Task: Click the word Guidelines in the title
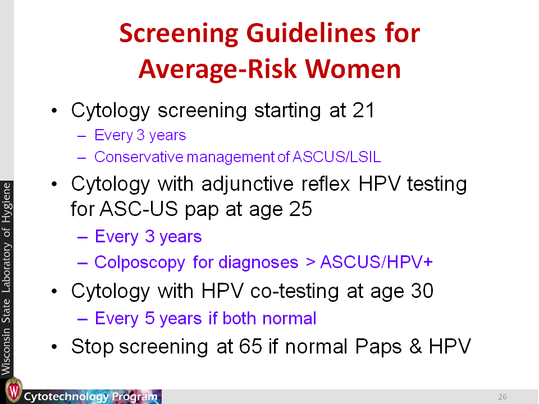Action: click(310, 34)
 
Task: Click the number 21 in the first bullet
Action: click(363, 111)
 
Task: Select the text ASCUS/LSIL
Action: click(336, 157)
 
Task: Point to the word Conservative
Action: click(139, 157)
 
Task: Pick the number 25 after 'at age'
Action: click(300, 209)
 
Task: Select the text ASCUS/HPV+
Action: click(376, 262)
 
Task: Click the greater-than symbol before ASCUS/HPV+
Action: click(310, 263)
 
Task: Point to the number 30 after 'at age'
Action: click(422, 291)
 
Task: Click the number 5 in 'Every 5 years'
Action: click(149, 318)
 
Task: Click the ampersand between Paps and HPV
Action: click(415, 346)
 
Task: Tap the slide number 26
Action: click(502, 397)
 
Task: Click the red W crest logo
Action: click(13, 390)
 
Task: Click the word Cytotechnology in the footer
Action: click(66, 397)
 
